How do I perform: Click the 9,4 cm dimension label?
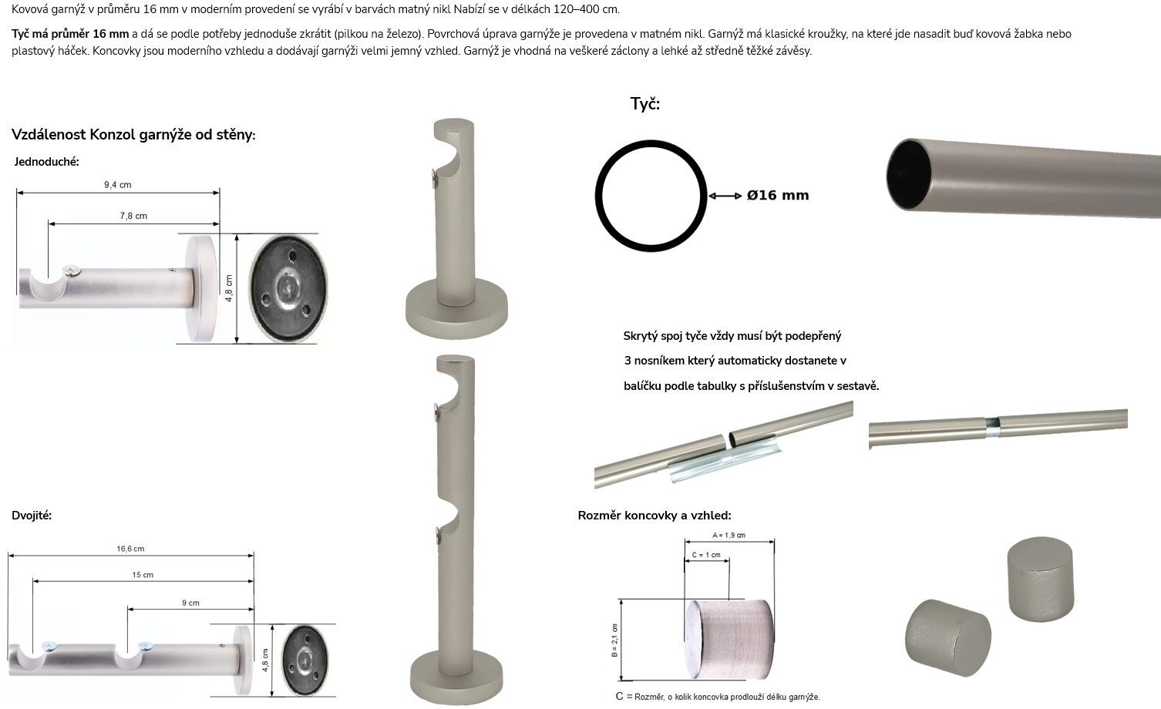tap(118, 184)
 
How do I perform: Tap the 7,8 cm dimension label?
tap(133, 216)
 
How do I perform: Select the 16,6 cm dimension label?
tap(130, 549)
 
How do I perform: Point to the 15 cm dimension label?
tap(143, 575)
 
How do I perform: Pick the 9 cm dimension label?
tap(190, 603)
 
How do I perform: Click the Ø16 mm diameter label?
tap(777, 196)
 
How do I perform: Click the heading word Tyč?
tap(644, 104)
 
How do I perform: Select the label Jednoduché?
tap(47, 162)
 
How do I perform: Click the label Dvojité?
tap(32, 515)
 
